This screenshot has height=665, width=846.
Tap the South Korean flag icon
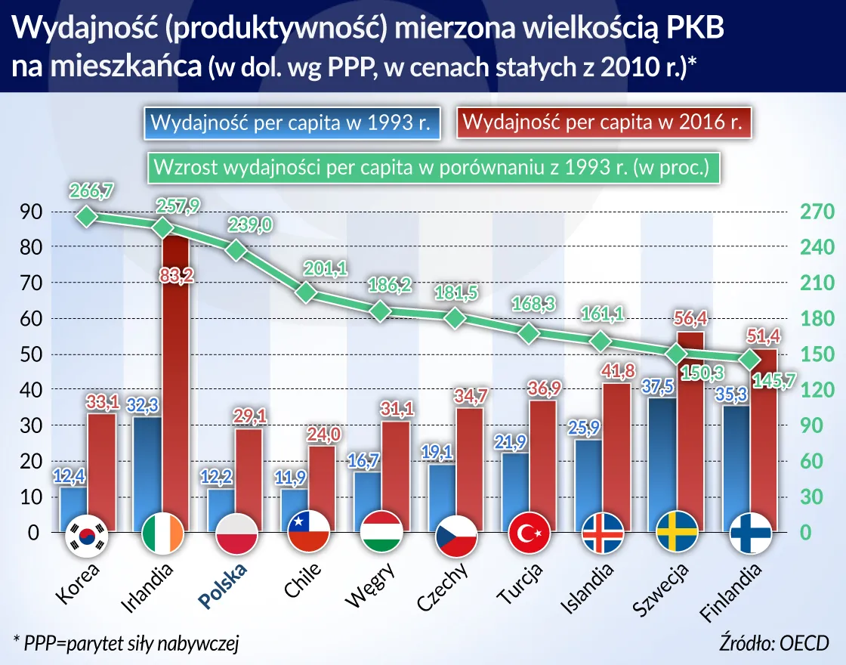88,534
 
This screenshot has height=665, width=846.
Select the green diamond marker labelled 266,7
88,217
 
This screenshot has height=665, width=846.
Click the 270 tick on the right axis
817,212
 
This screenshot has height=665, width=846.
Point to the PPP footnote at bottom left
126,643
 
